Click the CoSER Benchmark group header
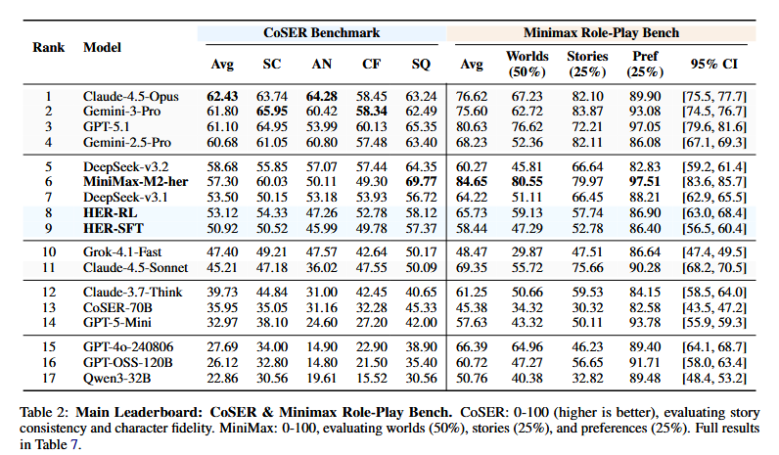tap(321, 33)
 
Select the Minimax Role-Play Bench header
tap(601, 33)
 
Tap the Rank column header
tap(49, 47)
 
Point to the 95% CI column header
tap(713, 64)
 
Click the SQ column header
tap(421, 64)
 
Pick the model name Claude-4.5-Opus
tap(131, 96)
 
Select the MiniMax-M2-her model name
tap(135, 182)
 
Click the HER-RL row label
tap(110, 213)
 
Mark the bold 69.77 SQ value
tap(421, 182)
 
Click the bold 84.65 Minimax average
tap(472, 182)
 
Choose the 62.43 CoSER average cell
tap(222, 96)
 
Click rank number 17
tap(49, 379)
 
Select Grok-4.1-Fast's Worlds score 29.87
tap(527, 251)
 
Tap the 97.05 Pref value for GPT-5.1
tap(645, 127)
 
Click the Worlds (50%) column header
tap(527, 64)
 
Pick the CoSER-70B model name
tap(117, 308)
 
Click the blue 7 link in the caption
tap(74, 444)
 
